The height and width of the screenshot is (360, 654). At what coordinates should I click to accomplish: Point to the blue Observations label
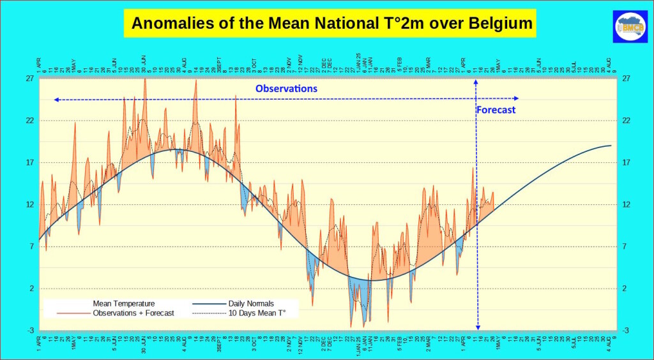pos(286,89)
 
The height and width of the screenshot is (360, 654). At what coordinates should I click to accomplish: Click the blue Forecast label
pos(496,110)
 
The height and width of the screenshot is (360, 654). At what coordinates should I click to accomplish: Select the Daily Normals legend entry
pos(251,303)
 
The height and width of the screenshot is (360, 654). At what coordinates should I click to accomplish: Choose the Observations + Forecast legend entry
pos(133,313)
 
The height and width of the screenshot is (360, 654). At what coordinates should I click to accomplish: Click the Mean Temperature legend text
pos(124,303)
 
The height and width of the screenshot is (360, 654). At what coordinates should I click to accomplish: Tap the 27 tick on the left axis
pos(30,79)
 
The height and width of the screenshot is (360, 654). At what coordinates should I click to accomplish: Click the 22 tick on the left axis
pos(30,120)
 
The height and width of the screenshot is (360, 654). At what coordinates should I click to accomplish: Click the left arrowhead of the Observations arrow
pos(56,100)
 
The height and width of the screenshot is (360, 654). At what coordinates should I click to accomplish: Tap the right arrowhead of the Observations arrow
pos(516,98)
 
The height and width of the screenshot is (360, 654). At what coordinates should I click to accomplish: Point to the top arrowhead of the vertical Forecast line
pos(476,83)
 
